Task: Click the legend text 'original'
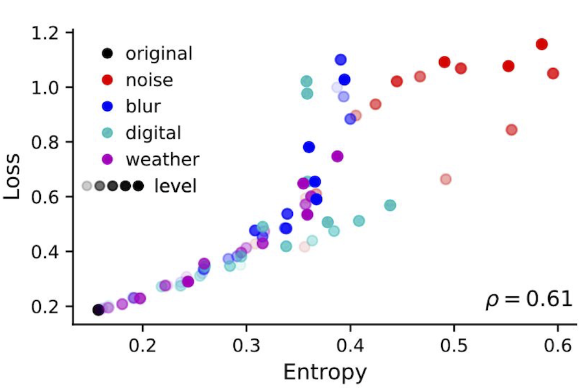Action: (x=159, y=53)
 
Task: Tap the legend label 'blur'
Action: (x=143, y=106)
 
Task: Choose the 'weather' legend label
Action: (x=163, y=159)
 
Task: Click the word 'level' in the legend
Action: (x=175, y=186)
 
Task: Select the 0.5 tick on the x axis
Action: (x=453, y=343)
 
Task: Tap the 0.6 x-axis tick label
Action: (x=558, y=343)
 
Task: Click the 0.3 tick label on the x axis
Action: (x=246, y=343)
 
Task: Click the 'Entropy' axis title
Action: (x=325, y=372)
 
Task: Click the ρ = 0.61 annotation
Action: (x=529, y=300)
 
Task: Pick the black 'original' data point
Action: (x=98, y=310)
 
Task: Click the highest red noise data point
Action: (x=542, y=44)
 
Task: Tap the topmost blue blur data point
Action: (x=341, y=60)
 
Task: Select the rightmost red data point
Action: (x=553, y=73)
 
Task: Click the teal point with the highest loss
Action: (x=306, y=81)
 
